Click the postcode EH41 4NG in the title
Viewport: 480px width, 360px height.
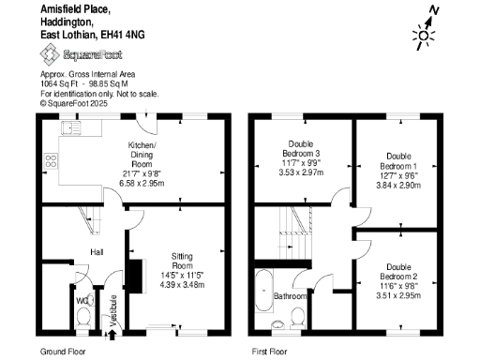tap(125, 34)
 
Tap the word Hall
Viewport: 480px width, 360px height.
tap(96, 252)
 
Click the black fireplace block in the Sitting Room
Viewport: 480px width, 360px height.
tap(136, 278)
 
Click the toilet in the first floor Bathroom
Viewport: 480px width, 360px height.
tap(298, 322)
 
